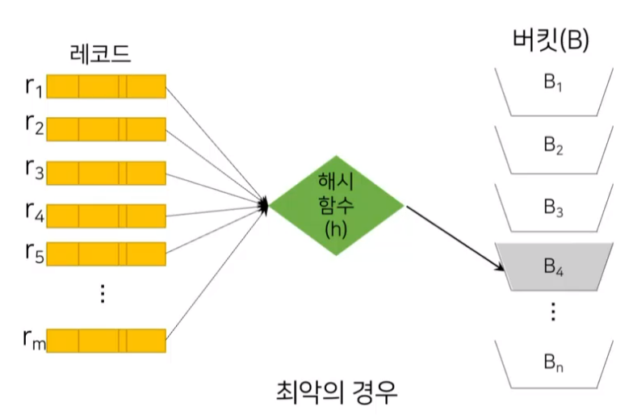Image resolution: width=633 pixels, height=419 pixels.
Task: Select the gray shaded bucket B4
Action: (x=553, y=267)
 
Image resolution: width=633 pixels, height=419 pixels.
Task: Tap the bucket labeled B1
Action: (x=553, y=86)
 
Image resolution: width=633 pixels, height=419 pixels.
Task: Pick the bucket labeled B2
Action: (x=553, y=147)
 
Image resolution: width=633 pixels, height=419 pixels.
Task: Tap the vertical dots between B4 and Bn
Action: (x=553, y=311)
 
